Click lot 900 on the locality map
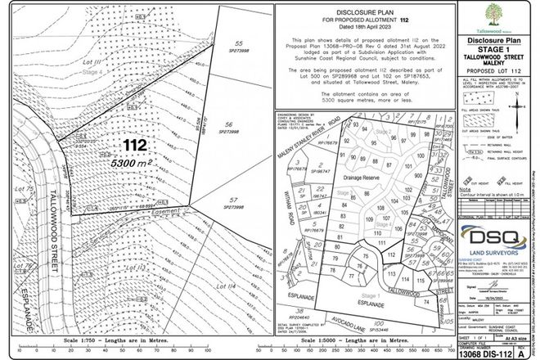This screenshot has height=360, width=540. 418,175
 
